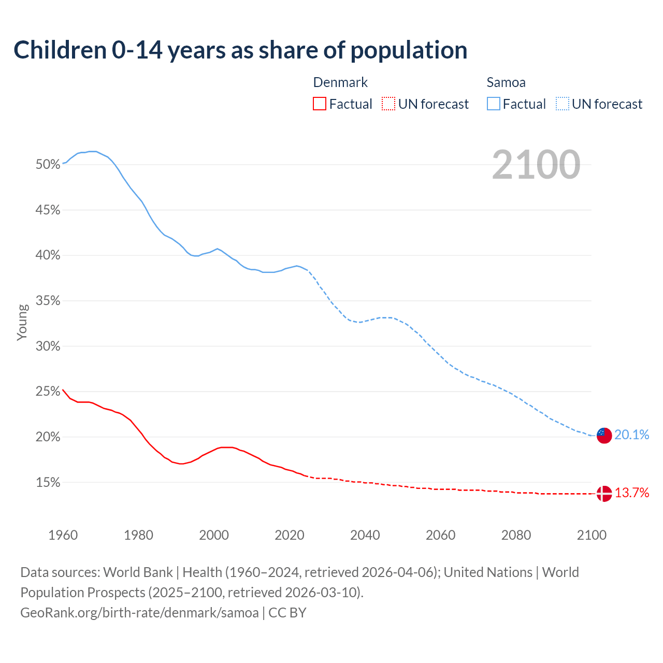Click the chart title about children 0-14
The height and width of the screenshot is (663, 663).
[240, 50]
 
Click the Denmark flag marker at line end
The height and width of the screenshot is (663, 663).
[604, 494]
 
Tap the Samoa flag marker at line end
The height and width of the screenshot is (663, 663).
[604, 435]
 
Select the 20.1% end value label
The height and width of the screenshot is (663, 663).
[631, 435]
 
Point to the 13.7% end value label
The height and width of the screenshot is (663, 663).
[631, 493]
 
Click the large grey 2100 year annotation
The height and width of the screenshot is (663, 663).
[536, 165]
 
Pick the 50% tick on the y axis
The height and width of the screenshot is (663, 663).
[48, 165]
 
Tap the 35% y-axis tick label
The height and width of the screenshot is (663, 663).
[48, 301]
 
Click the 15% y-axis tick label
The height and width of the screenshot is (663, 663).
[48, 483]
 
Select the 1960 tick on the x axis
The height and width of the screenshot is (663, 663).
[63, 535]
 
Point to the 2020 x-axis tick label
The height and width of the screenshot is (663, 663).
[289, 535]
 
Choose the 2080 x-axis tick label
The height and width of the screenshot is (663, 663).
[516, 535]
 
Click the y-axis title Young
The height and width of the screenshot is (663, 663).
[22, 322]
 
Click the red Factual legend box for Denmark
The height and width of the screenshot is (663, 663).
[320, 104]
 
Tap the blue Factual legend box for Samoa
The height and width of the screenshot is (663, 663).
[494, 104]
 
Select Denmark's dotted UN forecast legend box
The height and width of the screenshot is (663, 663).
[388, 104]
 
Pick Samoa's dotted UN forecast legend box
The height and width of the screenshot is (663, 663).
[563, 104]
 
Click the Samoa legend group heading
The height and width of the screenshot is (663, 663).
[506, 82]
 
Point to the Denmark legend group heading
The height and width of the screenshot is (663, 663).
[340, 82]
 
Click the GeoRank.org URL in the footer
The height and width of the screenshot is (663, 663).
[139, 613]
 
